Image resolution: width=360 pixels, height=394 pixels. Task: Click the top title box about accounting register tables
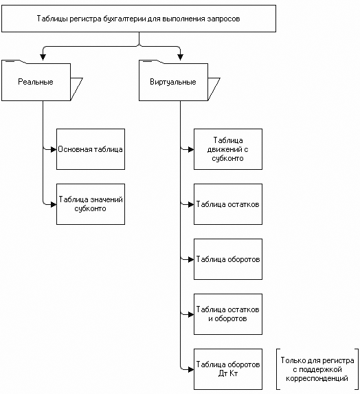point(139,19)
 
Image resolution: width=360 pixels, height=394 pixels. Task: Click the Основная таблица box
point(91,149)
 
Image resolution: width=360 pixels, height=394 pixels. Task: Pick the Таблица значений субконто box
point(91,204)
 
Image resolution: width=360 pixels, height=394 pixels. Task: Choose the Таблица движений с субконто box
point(228,149)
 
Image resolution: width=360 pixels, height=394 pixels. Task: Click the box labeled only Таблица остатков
point(228,204)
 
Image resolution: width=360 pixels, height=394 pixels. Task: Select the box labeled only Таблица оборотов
point(228,259)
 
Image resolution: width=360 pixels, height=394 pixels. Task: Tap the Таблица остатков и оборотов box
point(228,314)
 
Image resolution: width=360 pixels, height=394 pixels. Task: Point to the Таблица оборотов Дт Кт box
point(228,369)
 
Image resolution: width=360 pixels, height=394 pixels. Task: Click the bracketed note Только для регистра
point(317,369)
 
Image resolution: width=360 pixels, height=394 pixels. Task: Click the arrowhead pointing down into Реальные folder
point(43,57)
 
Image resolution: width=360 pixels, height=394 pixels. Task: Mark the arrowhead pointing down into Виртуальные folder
point(180,57)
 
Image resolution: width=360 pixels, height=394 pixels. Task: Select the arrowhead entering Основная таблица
point(54,149)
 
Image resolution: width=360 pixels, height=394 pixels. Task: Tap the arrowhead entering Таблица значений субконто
point(54,204)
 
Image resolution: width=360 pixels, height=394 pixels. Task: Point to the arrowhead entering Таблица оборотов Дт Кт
point(191,370)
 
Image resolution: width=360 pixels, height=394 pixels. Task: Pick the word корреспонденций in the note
point(317,378)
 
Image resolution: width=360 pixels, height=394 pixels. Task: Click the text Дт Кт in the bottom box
point(228,373)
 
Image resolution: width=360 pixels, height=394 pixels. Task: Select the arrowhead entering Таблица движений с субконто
point(191,149)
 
